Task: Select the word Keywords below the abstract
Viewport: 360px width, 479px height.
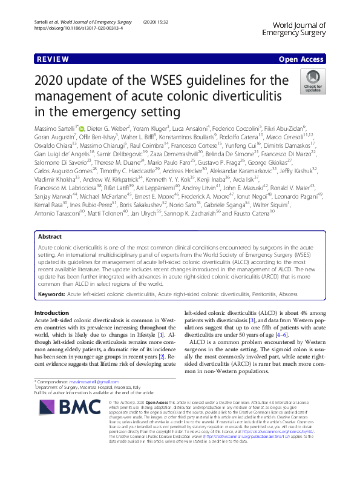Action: tap(51, 293)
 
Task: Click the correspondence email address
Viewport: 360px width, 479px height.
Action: tap(94, 383)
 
